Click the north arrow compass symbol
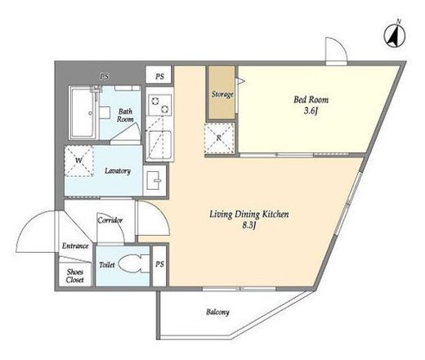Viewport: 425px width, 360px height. coord(395,35)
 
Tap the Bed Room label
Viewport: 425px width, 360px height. coord(311,100)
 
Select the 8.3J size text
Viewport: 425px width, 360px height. coord(249,226)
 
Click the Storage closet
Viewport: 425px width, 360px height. coord(221,92)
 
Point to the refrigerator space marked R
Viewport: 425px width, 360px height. coord(219,138)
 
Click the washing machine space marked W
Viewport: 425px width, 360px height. coord(79,160)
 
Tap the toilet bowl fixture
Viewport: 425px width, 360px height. coord(134,263)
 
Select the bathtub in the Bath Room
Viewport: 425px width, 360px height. coord(83,113)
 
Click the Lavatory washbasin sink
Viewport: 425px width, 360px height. coord(154,180)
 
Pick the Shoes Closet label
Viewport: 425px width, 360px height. coord(75,276)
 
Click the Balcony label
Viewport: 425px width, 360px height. coord(217,312)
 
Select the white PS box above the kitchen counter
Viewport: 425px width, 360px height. coord(159,74)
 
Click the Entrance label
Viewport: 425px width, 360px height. coord(75,245)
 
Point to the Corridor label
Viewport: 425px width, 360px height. coord(110,220)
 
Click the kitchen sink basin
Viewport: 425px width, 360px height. coord(159,144)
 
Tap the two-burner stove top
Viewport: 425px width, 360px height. coord(159,105)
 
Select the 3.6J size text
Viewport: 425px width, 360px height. coord(311,111)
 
